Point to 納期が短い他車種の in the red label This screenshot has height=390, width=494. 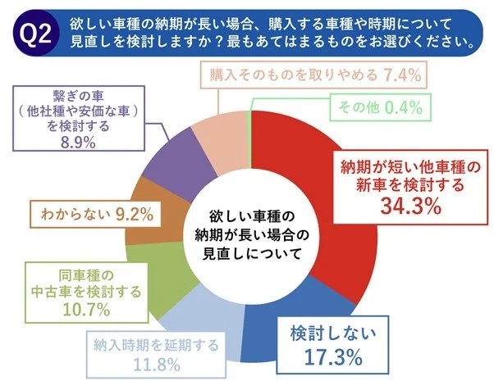click(409, 168)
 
